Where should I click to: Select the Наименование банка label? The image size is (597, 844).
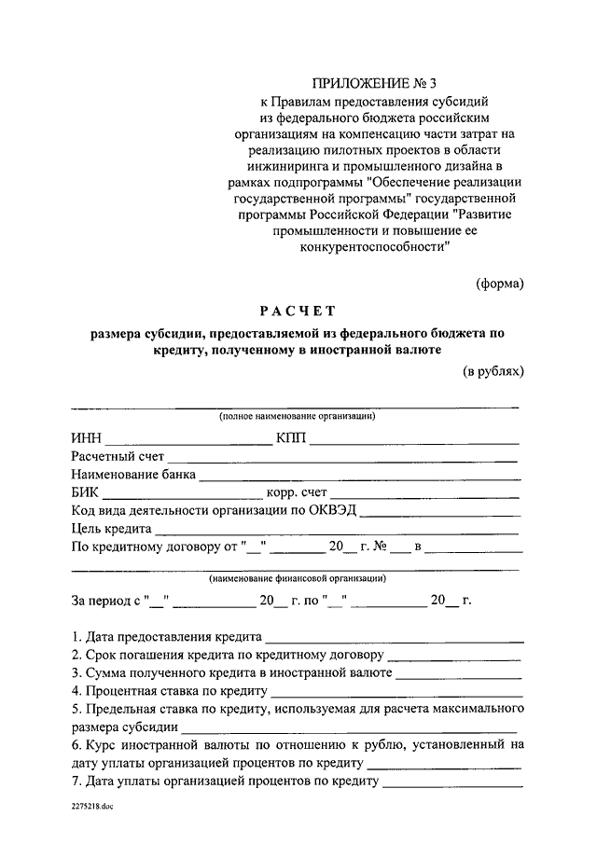pyautogui.click(x=133, y=475)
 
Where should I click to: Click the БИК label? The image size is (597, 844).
pyautogui.click(x=86, y=493)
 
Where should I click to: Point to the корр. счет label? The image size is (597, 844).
pyautogui.click(x=298, y=493)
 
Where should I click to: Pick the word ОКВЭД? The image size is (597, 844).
pyautogui.click(x=334, y=510)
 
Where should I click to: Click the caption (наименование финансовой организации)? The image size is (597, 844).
pyautogui.click(x=298, y=578)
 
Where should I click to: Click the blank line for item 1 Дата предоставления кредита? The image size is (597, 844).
pyautogui.click(x=394, y=640)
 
